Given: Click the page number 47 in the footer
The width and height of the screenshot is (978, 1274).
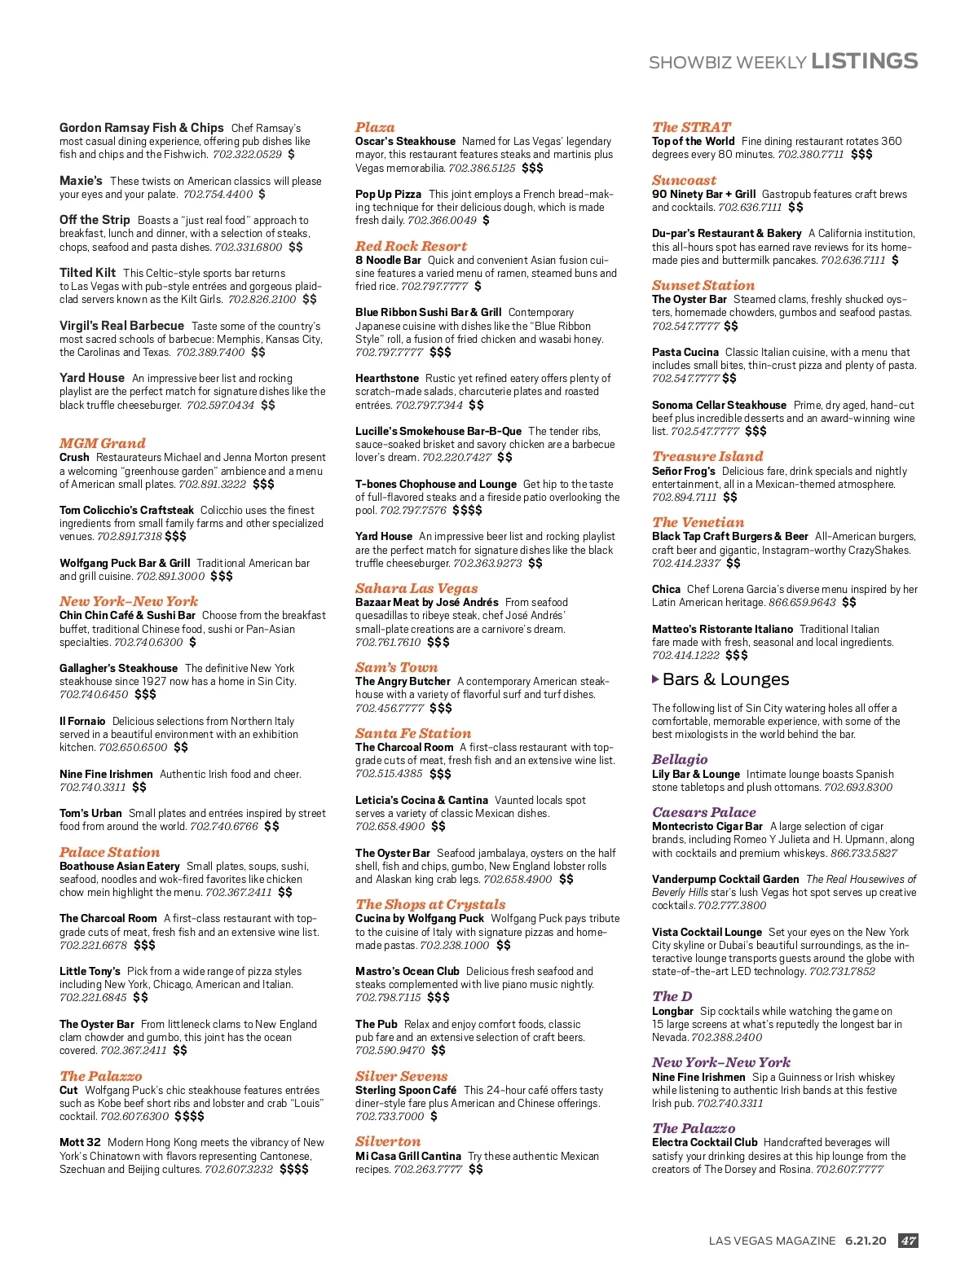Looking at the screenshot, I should (x=908, y=1241).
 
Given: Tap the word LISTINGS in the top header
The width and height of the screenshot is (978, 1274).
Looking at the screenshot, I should (x=864, y=61).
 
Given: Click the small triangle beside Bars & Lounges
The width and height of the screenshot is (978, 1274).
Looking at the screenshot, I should (x=656, y=679).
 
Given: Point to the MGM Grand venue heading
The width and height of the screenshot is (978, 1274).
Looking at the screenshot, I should (x=102, y=443).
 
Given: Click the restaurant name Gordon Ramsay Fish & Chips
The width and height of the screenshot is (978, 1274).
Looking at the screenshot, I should (x=141, y=128).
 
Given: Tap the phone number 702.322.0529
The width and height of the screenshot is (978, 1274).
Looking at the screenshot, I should (x=247, y=154).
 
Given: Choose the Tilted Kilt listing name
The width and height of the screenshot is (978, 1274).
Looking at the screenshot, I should (x=87, y=273).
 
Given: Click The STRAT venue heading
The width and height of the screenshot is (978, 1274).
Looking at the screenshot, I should (x=691, y=127).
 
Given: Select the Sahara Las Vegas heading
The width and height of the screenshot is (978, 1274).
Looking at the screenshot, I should (x=416, y=588).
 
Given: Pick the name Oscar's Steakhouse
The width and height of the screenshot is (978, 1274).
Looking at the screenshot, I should (x=405, y=141).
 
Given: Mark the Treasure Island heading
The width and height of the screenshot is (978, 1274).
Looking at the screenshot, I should (x=707, y=456).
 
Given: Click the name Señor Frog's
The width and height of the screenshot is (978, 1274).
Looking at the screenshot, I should (x=683, y=471).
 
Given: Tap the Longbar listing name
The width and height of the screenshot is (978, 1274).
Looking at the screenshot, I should (x=672, y=1011).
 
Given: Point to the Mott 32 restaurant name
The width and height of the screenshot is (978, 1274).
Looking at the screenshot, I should (x=80, y=1142).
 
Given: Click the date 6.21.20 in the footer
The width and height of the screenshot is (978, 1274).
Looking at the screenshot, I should (x=865, y=1241).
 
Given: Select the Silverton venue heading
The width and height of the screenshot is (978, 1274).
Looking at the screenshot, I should (x=388, y=1141).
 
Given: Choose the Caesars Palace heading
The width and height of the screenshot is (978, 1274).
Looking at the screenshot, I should (x=703, y=812).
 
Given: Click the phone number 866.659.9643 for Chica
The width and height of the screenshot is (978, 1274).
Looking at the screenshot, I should (x=802, y=602).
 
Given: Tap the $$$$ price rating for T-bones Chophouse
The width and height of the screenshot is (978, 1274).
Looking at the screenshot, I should (x=467, y=510).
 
